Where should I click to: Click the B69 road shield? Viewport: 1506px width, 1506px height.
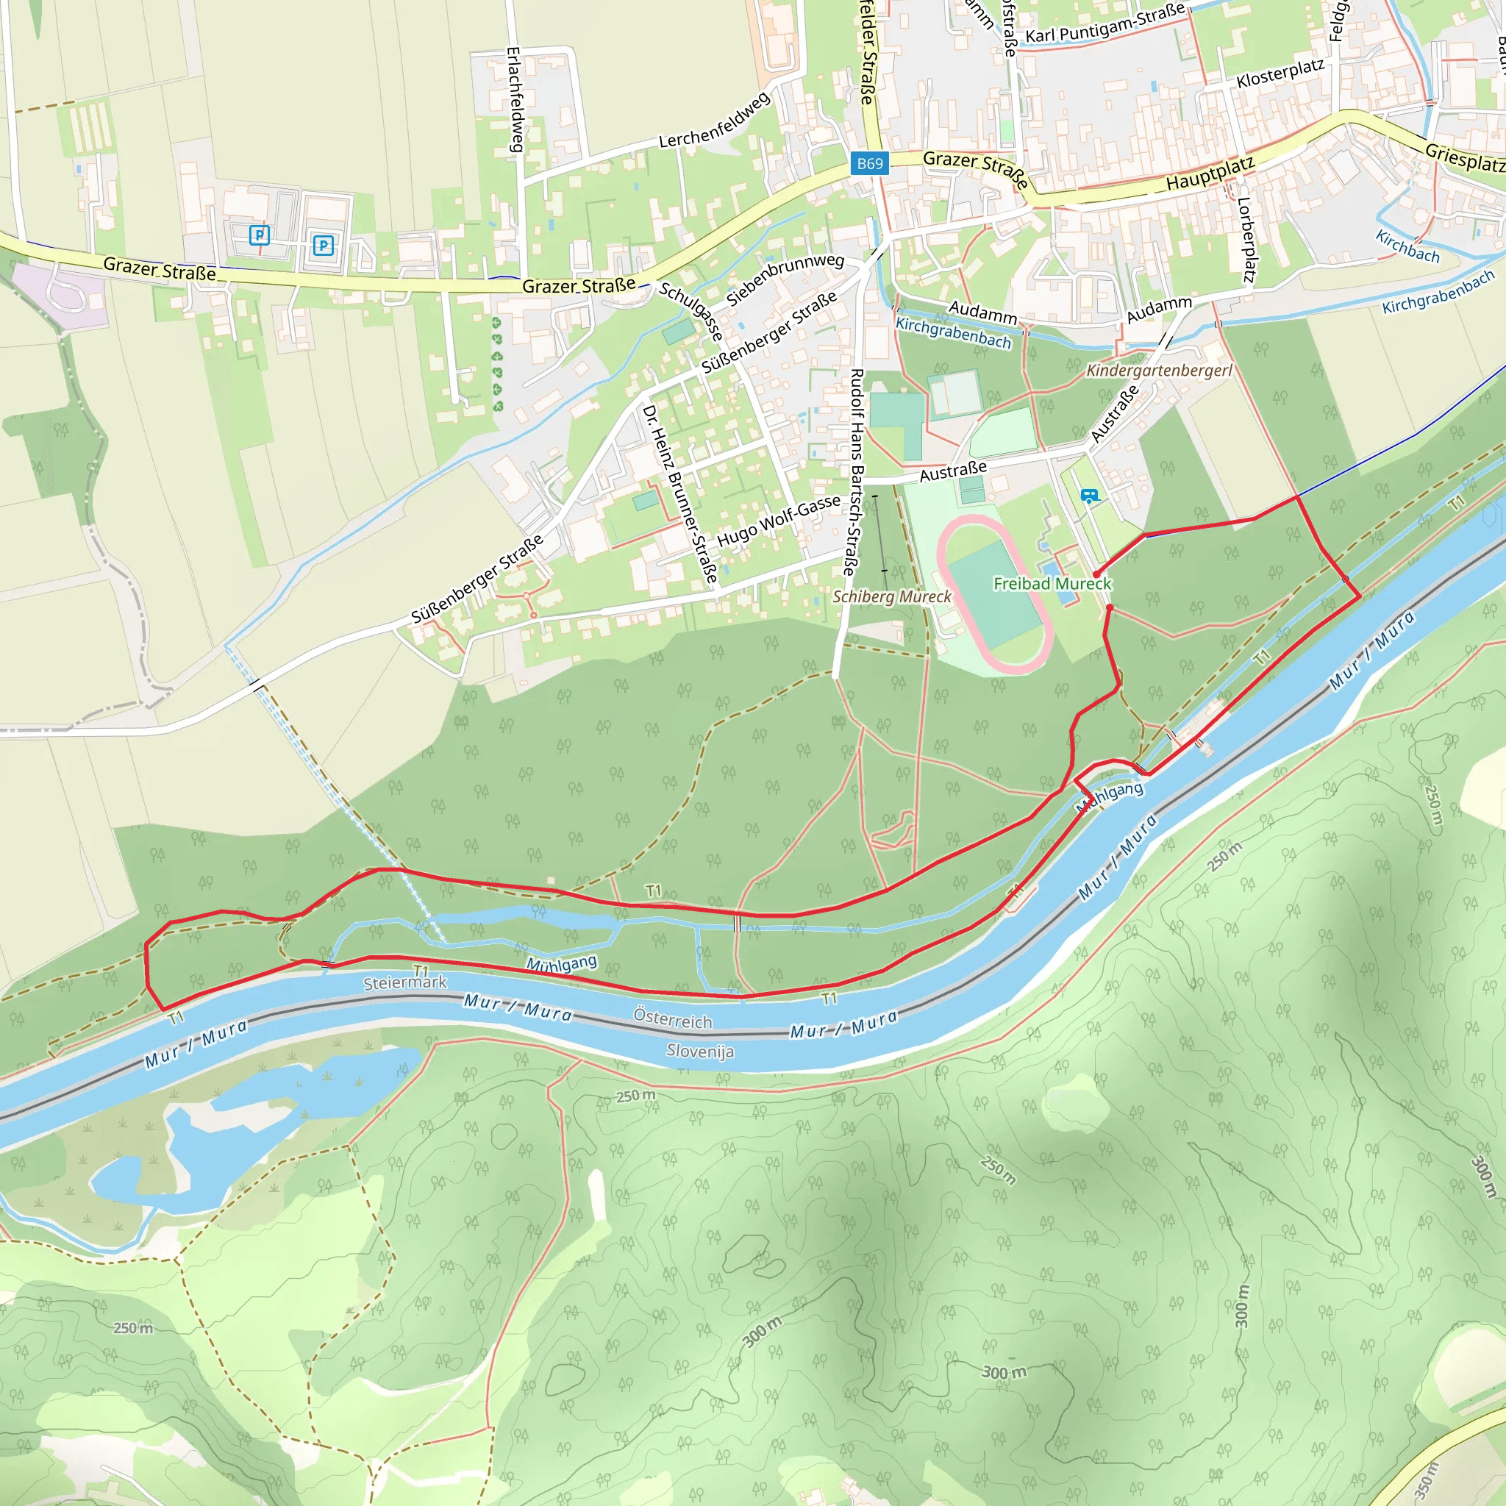point(870,164)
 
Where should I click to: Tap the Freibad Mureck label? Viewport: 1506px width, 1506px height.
point(1052,584)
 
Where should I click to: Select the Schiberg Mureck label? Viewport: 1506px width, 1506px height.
point(892,597)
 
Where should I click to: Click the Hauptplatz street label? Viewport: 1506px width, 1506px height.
point(1210,174)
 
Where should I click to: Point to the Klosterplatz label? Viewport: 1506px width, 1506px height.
point(1280,74)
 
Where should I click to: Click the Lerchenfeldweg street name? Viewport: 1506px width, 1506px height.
point(714,121)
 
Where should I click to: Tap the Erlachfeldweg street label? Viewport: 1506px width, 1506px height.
point(515,99)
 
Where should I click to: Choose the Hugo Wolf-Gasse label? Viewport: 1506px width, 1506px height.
point(779,521)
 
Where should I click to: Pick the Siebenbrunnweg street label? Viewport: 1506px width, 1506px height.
point(785,278)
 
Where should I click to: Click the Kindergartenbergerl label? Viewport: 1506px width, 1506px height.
point(1159,371)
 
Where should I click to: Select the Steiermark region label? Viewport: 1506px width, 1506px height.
point(405,983)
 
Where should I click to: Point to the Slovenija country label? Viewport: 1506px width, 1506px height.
point(700,1051)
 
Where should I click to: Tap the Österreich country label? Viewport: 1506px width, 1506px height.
point(673,1020)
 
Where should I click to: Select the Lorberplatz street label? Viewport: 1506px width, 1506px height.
point(1246,239)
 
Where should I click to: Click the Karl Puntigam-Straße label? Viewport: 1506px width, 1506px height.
point(1104,24)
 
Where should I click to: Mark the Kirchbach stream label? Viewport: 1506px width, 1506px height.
point(1407,246)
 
